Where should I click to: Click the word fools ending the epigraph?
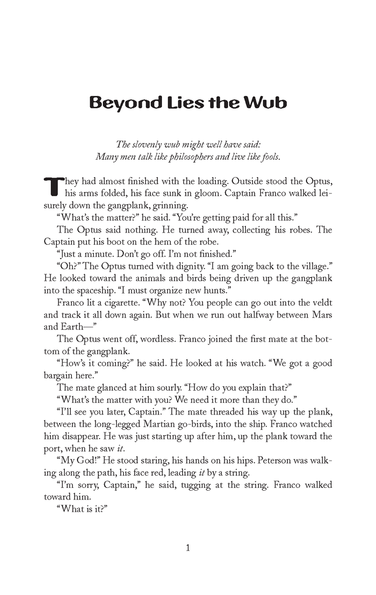coord(268,156)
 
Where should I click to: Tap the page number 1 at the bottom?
coord(187,548)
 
